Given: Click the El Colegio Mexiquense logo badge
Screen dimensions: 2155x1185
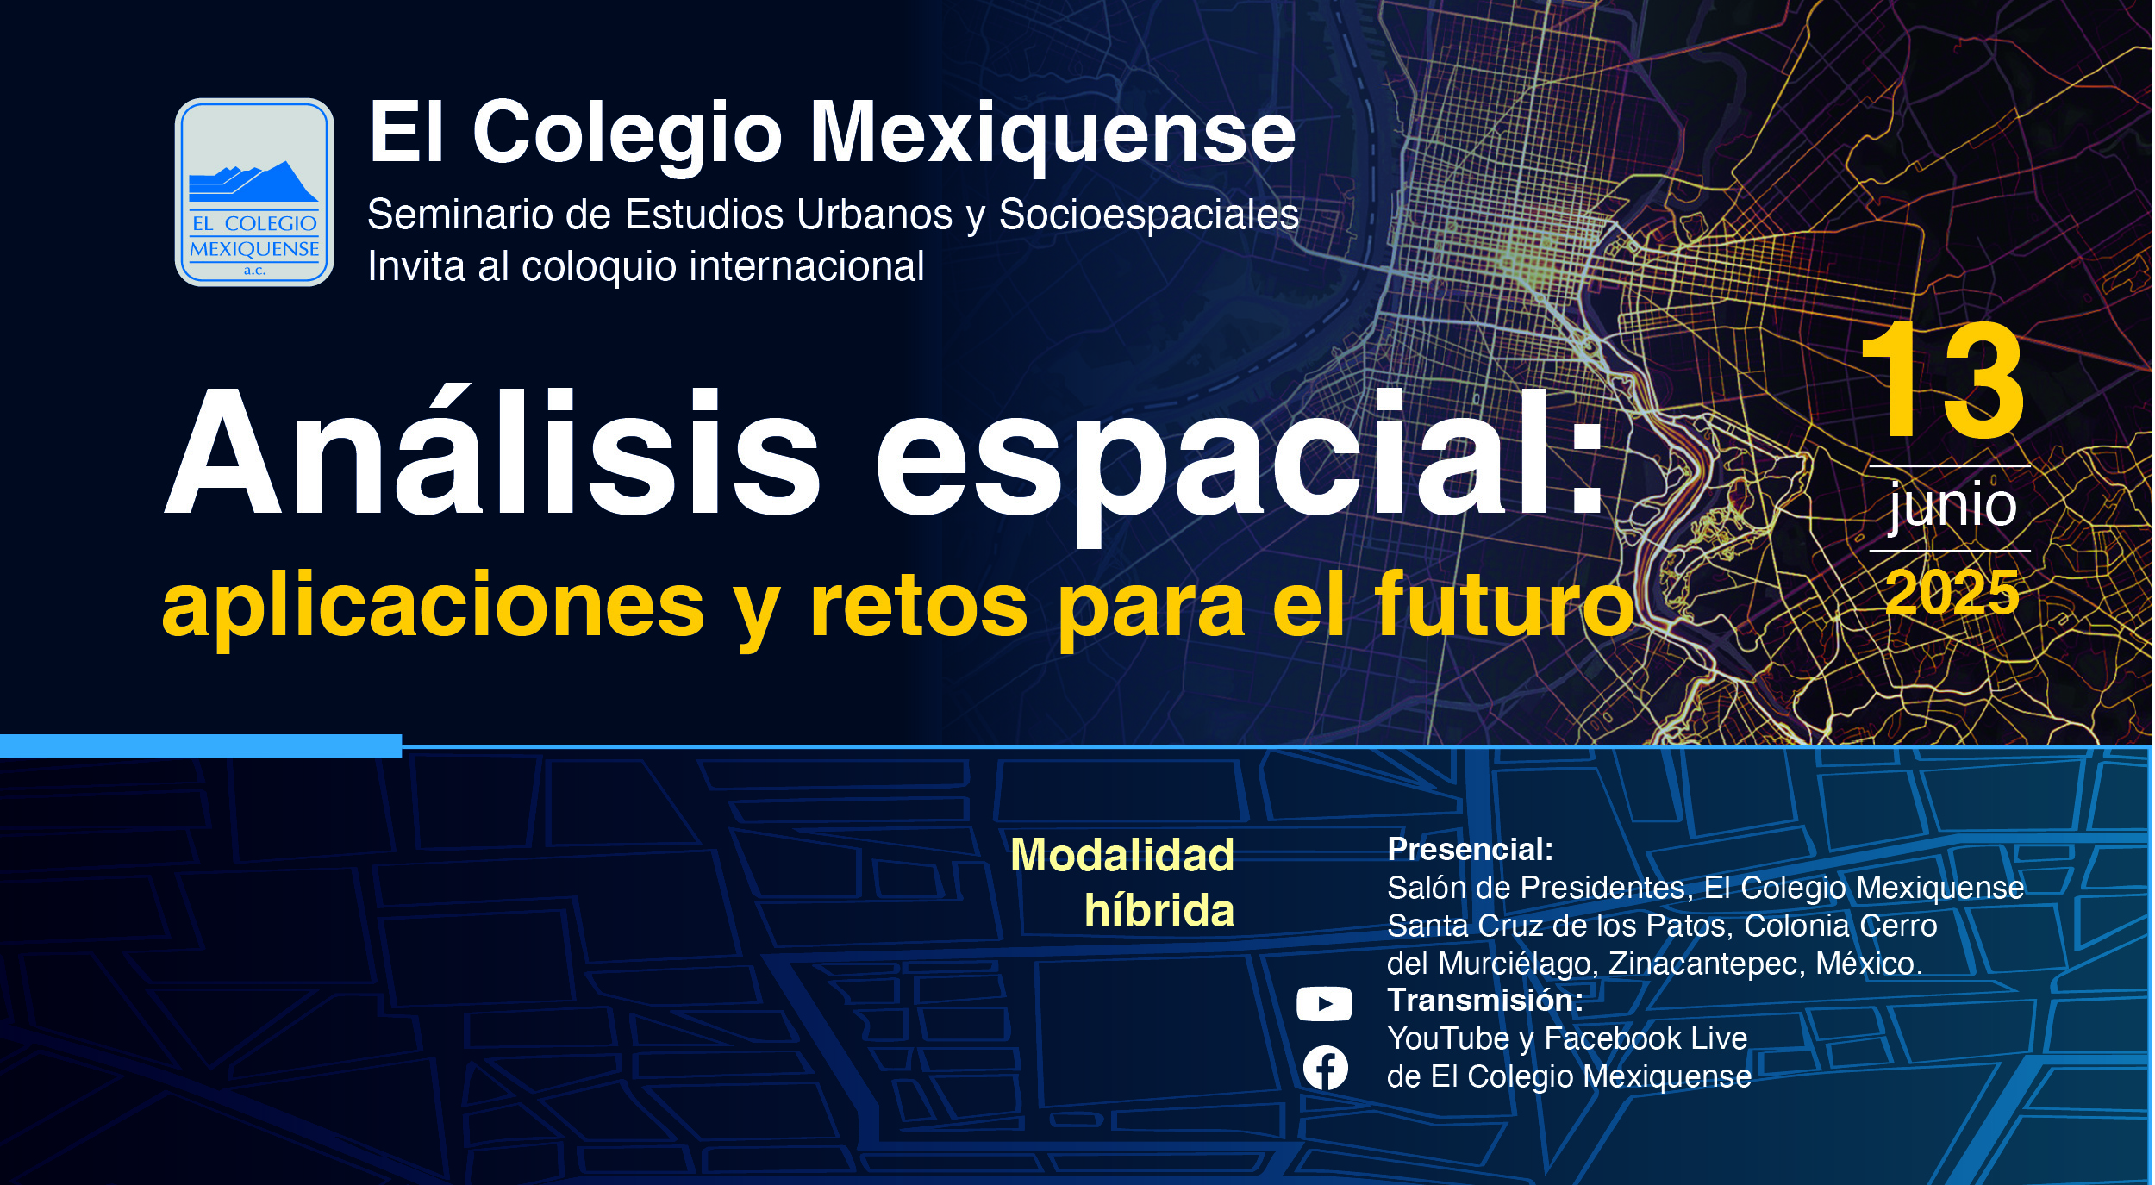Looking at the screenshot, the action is pos(254,192).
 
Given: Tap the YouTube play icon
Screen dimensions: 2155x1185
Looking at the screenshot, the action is pos(1324,1004).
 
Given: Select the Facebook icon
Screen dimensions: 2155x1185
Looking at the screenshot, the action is pos(1325,1068).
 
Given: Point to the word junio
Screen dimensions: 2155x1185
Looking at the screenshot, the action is pos(1952,506).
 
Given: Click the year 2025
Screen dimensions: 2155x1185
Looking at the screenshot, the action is pos(1952,593).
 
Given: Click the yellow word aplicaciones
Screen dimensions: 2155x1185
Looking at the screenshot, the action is pos(434,608).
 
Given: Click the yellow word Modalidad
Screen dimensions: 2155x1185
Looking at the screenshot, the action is pos(1122,856).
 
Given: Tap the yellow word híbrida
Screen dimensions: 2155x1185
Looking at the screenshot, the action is pos(1159,910).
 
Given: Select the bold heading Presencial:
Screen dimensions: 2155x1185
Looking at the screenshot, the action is pos(1471,850).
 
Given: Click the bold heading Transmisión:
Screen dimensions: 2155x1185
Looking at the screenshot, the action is pos(1485,1001).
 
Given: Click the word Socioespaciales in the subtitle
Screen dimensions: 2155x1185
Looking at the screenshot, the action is pos(1149,215).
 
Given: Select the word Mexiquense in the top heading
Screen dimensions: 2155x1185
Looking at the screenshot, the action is pos(1053,134).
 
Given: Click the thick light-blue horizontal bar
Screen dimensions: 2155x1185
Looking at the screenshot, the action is pos(201,745).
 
